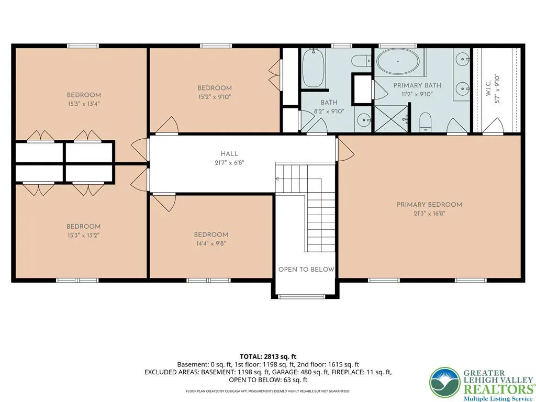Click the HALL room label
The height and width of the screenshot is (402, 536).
229,154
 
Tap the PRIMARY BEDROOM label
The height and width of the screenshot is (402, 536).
429,205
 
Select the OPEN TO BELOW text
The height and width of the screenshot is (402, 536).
306,270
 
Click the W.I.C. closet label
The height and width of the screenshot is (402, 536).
488,88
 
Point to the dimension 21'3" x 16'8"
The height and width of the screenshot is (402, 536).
429,214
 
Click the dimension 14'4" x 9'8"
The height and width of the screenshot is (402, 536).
211,244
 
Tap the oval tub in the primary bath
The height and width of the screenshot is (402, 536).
398,62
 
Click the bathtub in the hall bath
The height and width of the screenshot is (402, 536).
313,68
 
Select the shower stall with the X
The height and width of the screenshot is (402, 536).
392,119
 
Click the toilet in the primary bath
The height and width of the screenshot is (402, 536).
426,121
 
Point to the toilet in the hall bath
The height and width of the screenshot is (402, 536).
361,61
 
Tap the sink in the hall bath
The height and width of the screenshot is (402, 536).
363,120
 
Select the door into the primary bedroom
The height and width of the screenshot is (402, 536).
345,150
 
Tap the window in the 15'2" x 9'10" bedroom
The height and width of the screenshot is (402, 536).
216,46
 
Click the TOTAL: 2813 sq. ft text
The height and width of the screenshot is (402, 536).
268,357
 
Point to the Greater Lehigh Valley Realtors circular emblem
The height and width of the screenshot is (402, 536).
445,383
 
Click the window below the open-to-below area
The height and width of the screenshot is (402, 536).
301,297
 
